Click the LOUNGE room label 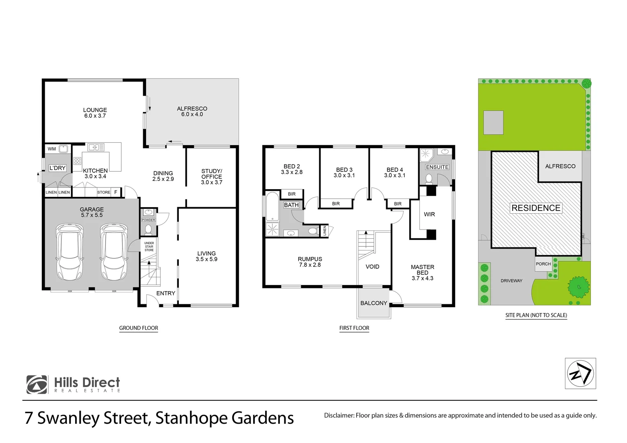[95, 110]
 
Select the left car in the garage [70, 251]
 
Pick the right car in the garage [114, 251]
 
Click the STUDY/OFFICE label [211, 174]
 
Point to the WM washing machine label [52, 149]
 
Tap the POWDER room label [149, 220]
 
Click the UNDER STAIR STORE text [149, 247]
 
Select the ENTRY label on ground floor [166, 293]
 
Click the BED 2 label [292, 167]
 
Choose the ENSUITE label [437, 167]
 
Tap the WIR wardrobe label [429, 215]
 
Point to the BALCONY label [374, 303]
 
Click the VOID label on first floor [373, 267]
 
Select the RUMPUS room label [310, 259]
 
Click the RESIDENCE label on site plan [536, 208]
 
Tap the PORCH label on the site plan [543, 264]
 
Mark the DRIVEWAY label [511, 281]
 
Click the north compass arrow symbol [580, 373]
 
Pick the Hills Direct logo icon [37, 385]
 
